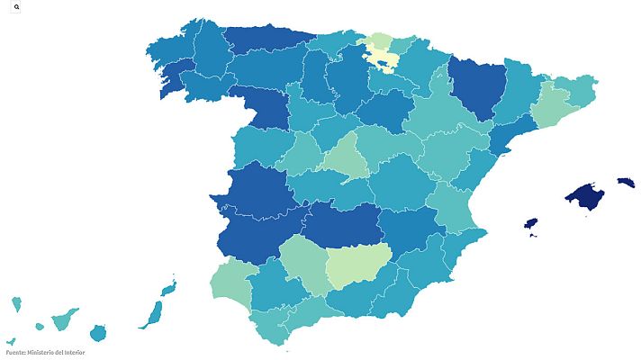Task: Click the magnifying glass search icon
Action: tap(17, 6)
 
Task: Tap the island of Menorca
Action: tap(626, 183)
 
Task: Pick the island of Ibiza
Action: tap(531, 222)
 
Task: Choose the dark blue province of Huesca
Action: tap(473, 86)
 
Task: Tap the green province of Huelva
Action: tap(230, 280)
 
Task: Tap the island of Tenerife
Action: tap(64, 319)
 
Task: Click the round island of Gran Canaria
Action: tap(97, 334)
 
